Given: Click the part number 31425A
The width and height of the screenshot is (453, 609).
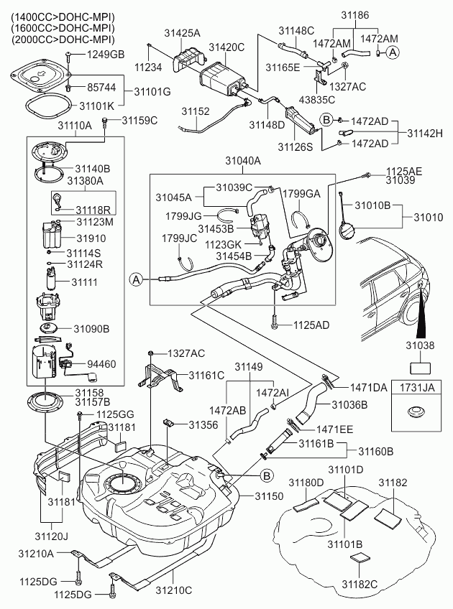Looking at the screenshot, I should click(183, 34).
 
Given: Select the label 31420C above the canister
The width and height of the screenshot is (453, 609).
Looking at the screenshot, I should click(227, 47).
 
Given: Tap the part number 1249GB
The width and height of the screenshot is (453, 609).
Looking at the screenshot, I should click(106, 55).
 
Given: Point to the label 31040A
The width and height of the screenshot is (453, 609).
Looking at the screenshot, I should click(243, 163).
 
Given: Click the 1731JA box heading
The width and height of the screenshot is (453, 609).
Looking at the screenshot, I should click(418, 388).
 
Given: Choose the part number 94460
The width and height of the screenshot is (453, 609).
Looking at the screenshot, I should click(101, 364).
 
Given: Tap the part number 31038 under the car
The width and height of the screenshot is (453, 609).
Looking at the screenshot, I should click(419, 345).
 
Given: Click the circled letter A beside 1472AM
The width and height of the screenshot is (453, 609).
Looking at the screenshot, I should click(392, 52).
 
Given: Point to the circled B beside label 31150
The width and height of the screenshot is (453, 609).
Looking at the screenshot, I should click(267, 475).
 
